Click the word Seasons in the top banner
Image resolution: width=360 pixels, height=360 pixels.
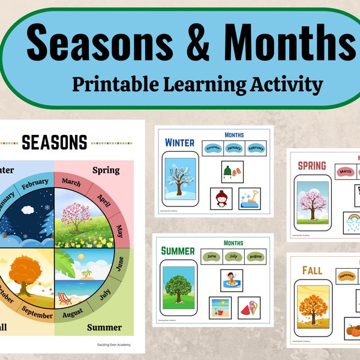pos(106,45)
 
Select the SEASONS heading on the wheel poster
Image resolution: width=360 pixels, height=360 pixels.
pos(54,142)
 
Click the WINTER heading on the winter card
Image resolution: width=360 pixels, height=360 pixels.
pos(179,143)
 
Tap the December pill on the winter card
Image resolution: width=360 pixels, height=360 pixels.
pos(214,149)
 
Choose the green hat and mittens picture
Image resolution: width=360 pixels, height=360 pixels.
pos(232,171)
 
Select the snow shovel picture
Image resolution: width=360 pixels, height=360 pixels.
pos(249,198)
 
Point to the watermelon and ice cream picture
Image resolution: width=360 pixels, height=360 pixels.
pos(248,307)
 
